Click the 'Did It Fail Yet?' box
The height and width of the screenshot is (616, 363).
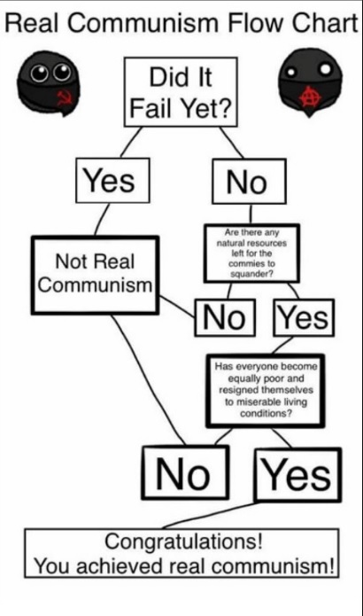181,92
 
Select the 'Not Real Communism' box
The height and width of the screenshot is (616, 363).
96,275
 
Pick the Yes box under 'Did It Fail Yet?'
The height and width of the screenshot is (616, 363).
112,180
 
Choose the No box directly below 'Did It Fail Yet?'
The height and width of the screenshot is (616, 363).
249,181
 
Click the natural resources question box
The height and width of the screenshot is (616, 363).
251,253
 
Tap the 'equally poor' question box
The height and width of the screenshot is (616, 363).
266,391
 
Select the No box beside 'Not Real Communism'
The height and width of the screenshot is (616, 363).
225,317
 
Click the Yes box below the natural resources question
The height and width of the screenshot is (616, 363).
304,317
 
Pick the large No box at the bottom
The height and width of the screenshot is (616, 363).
185,472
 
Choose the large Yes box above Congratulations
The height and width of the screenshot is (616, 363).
297,474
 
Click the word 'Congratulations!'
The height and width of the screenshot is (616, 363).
183,542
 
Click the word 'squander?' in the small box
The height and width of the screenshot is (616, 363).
251,274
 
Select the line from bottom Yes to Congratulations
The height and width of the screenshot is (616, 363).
210,515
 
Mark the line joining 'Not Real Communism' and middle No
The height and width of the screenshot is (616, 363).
177,307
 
